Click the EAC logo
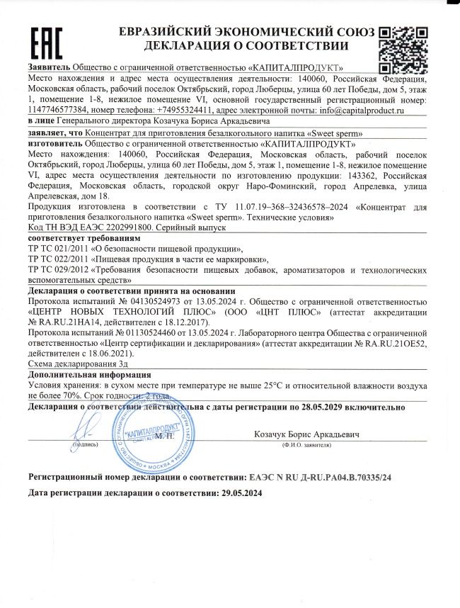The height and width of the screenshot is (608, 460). [x=47, y=43]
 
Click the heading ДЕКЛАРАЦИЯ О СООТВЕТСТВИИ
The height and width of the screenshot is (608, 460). [x=246, y=46]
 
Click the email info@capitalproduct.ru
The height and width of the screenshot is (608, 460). [x=360, y=111]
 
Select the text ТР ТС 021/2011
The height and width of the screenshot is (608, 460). [x=59, y=249]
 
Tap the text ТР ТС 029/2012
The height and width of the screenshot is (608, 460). [x=59, y=271]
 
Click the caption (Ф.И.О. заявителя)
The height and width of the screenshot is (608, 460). [x=306, y=445]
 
